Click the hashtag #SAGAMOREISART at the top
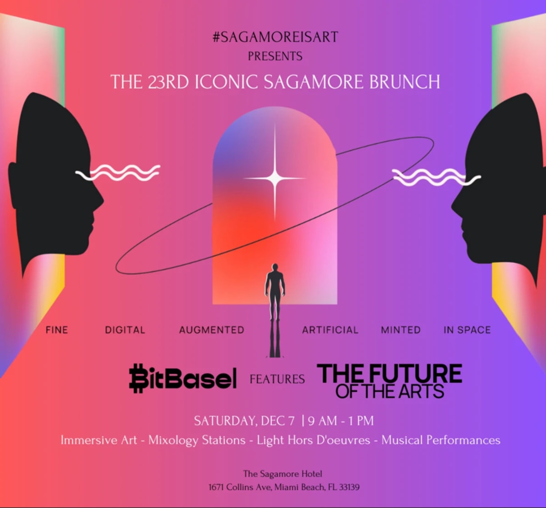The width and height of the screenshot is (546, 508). (x=275, y=37)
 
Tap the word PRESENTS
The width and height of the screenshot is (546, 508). (x=275, y=56)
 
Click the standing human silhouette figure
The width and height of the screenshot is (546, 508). (x=275, y=287)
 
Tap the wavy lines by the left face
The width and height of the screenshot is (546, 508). (x=118, y=173)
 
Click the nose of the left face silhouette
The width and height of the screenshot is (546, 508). (x=101, y=201)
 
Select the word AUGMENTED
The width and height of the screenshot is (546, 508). (x=212, y=330)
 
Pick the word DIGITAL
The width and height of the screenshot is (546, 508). (x=125, y=330)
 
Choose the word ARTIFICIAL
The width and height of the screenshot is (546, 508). (x=330, y=330)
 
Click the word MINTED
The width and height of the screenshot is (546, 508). (x=401, y=330)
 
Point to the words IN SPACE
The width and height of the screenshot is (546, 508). (x=467, y=330)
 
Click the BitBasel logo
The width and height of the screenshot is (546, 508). (x=183, y=378)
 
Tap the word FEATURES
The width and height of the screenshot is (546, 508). (x=277, y=379)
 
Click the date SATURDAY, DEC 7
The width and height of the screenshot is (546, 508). (x=244, y=421)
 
